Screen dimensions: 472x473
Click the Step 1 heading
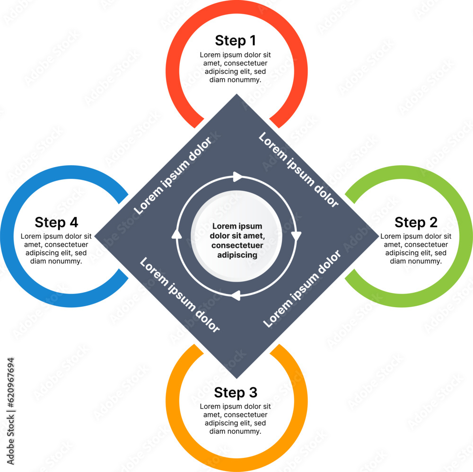point(235,40)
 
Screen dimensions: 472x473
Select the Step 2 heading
point(416,222)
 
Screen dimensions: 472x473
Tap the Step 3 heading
point(235,392)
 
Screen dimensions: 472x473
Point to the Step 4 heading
point(56,222)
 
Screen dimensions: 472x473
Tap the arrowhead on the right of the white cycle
point(296,236)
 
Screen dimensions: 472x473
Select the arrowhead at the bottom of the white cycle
point(235,295)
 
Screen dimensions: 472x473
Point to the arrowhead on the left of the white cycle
point(177,234)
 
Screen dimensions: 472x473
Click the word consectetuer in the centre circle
point(237,245)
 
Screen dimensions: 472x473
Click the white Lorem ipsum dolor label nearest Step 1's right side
point(298,170)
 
